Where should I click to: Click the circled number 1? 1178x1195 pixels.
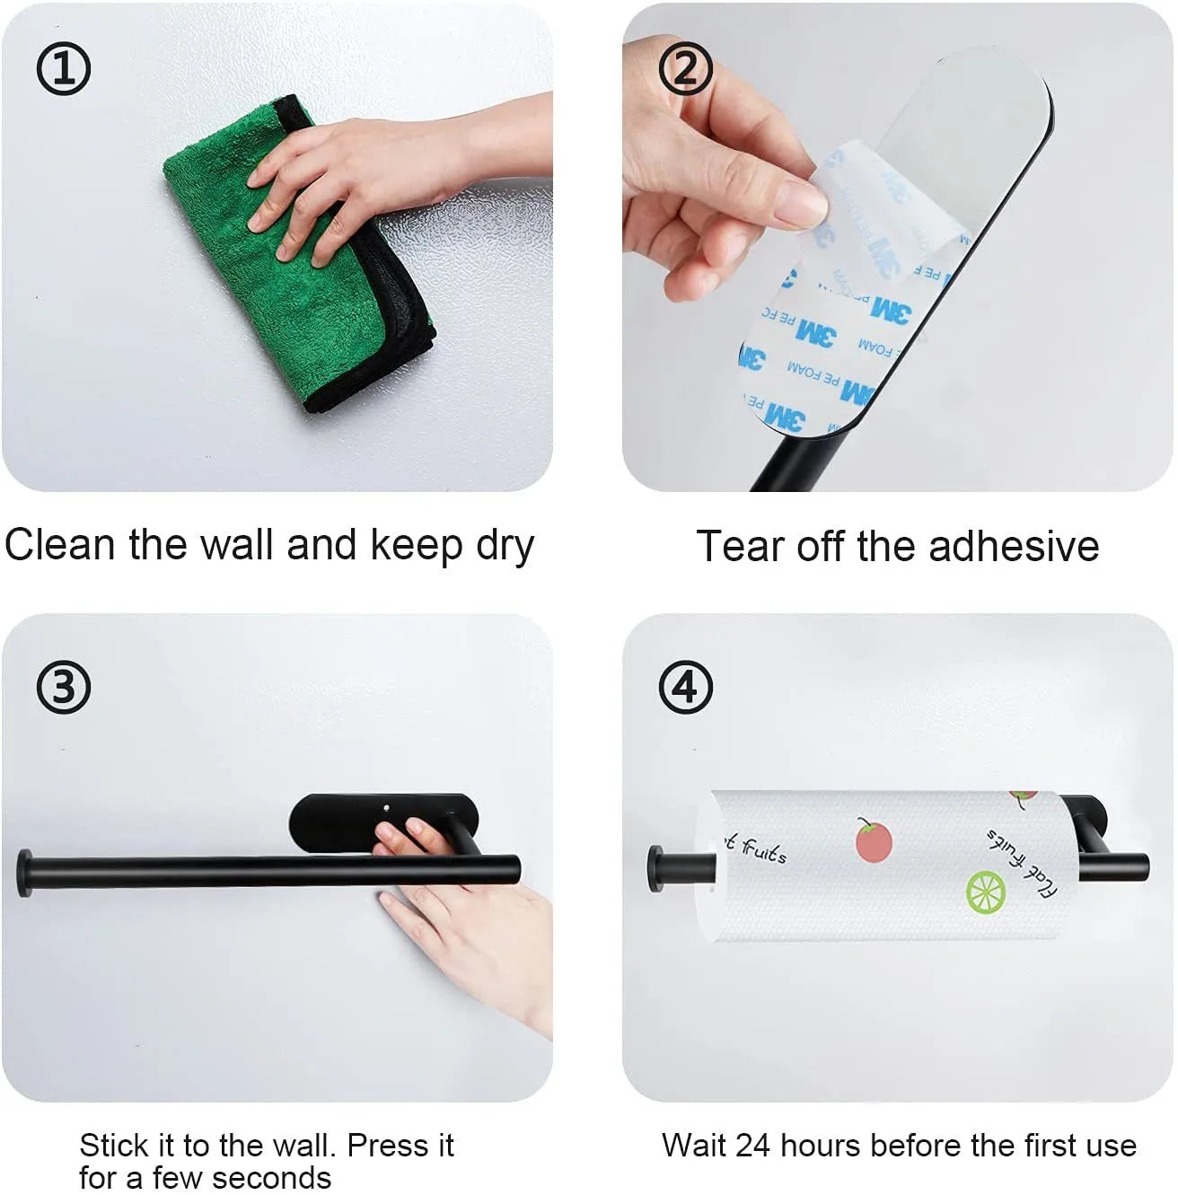coord(63,68)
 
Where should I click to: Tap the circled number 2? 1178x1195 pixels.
coord(686,68)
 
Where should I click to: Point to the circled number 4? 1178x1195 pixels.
coord(686,688)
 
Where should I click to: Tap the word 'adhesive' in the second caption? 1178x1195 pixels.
coord(1014,547)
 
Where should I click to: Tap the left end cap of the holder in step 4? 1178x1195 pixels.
coord(656,868)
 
